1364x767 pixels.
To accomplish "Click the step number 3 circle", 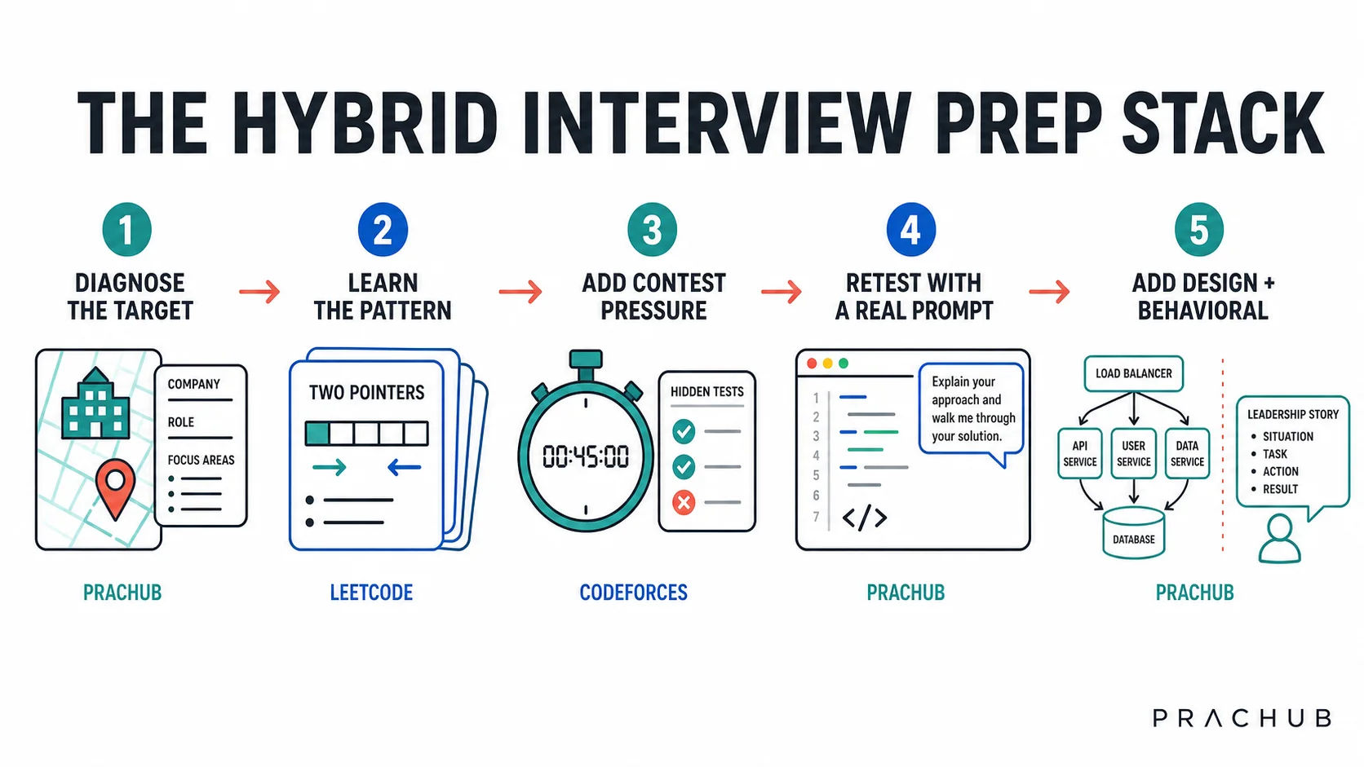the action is coord(652,229).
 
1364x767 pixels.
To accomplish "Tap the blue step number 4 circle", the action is coord(911,229).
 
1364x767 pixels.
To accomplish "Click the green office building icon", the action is coord(95,403).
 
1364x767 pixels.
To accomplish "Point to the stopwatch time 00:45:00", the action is coord(585,456).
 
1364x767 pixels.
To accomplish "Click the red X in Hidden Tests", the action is coord(684,502).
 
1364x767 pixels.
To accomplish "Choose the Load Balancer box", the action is coord(1133,373).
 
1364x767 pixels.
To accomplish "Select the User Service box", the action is coord(1133,454).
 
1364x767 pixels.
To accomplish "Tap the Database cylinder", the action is coord(1133,533).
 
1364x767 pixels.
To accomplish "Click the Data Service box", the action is coord(1187,454).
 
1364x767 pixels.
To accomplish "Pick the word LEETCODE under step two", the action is coord(371,593).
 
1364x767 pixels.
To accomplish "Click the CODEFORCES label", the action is coord(633,593).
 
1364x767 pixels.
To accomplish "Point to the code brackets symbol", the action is coord(864,518).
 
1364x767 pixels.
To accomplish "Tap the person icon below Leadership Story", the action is coord(1279,539).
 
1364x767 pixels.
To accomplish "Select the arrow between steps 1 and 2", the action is coord(260,292).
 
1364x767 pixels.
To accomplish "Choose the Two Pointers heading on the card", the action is coord(366,392).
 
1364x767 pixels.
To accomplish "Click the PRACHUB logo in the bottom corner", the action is coord(1242,718).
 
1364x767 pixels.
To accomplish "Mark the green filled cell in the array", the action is coord(317,434).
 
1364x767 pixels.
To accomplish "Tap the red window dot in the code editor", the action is coord(812,364).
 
